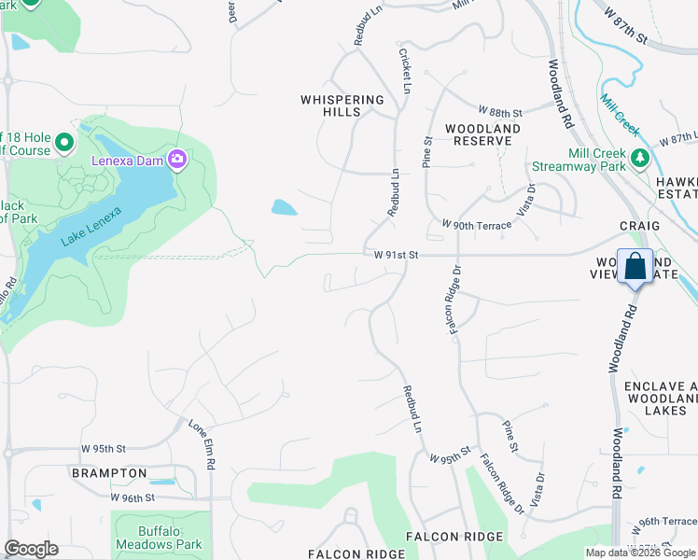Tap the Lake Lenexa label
tap(91, 226)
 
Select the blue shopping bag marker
tap(635, 267)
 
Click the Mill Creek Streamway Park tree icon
tap(640, 159)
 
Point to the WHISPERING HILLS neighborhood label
tap(342, 105)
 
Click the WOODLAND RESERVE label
tap(482, 134)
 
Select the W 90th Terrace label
tap(477, 226)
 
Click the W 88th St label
tap(500, 111)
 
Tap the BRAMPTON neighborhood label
tap(109, 473)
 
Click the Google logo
tap(31, 549)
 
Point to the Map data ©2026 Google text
tap(640, 553)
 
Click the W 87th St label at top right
tap(625, 26)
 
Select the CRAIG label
tap(639, 226)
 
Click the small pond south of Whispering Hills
tap(285, 207)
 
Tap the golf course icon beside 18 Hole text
tap(63, 143)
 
